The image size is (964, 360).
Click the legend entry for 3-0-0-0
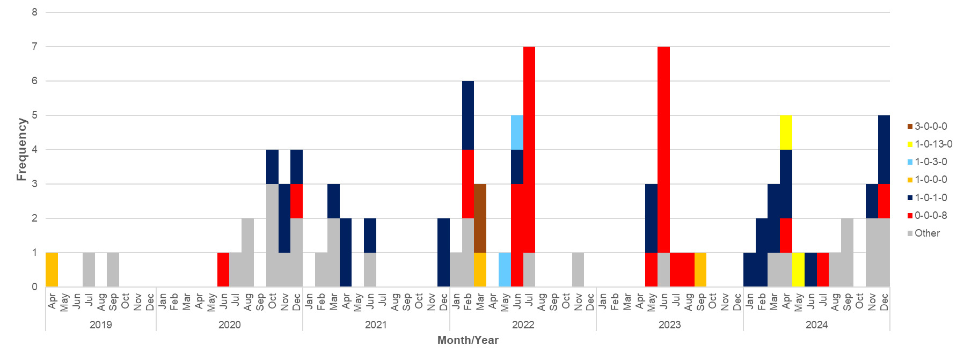pyautogui.click(x=930, y=127)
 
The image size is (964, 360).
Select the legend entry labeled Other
pyautogui.click(x=927, y=233)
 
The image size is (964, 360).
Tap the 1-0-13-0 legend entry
pyautogui.click(x=933, y=144)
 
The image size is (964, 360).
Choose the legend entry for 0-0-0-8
pyautogui.click(x=930, y=216)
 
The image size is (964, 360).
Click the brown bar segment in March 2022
pyautogui.click(x=480, y=218)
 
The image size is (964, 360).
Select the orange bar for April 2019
pyautogui.click(x=52, y=269)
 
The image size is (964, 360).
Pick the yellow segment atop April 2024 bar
pyautogui.click(x=786, y=133)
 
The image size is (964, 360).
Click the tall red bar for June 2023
pyautogui.click(x=663, y=149)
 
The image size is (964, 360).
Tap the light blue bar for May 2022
pyautogui.click(x=505, y=269)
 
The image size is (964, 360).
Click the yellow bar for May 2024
pyautogui.click(x=798, y=269)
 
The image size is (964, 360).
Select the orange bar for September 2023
pyautogui.click(x=700, y=269)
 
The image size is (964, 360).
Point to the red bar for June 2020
pyautogui.click(x=223, y=269)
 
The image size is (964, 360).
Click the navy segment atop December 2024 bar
pyautogui.click(x=884, y=149)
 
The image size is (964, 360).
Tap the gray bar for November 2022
pyautogui.click(x=578, y=269)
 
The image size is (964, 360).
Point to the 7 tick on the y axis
pyautogui.click(x=35, y=47)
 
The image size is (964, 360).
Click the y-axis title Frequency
pyautogui.click(x=21, y=150)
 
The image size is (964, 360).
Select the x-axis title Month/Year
pyautogui.click(x=468, y=340)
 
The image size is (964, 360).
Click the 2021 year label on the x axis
pyautogui.click(x=376, y=325)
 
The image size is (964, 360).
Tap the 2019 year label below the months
pyautogui.click(x=100, y=325)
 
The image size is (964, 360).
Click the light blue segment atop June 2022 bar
pyautogui.click(x=517, y=133)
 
